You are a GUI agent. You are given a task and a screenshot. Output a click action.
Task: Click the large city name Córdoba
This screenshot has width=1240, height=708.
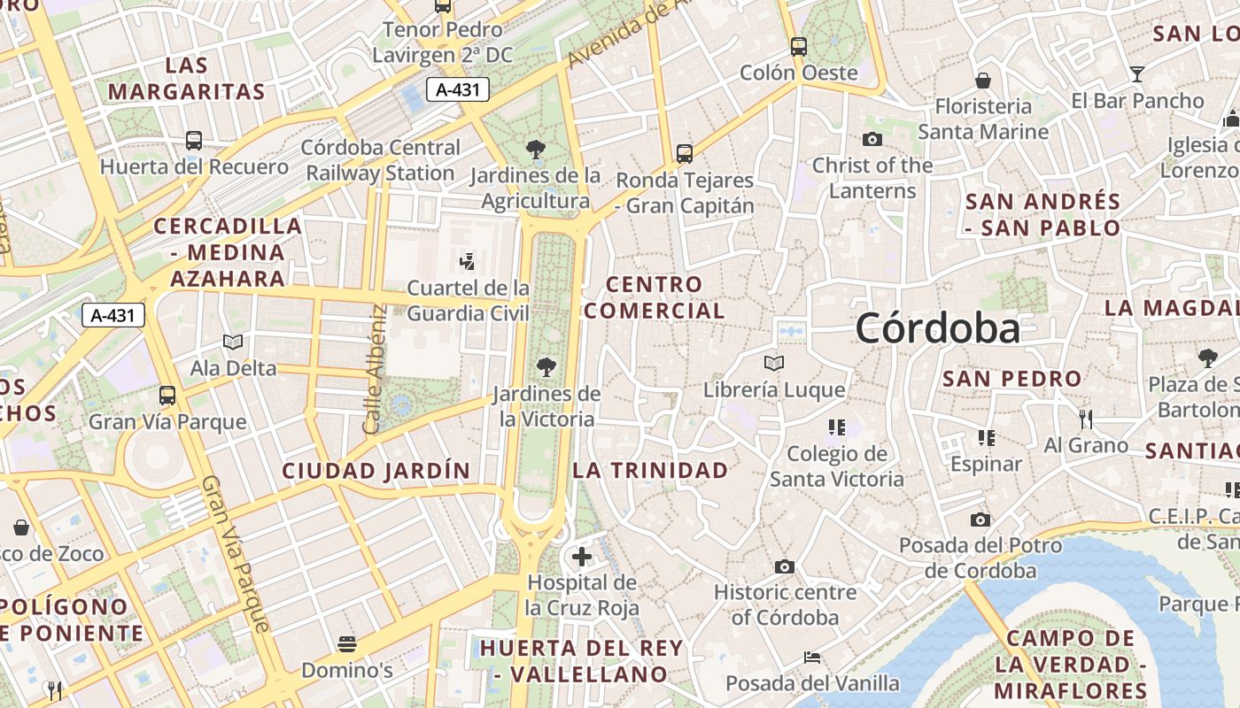(937, 328)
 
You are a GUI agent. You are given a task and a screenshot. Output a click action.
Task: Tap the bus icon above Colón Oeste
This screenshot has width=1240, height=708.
(799, 47)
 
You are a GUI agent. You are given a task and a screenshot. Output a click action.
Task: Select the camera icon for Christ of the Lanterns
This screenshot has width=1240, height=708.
(872, 139)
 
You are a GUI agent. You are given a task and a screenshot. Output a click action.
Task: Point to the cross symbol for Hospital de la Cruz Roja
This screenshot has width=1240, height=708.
(582, 556)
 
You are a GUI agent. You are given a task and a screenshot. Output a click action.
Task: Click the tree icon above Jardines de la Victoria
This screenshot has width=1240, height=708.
(546, 366)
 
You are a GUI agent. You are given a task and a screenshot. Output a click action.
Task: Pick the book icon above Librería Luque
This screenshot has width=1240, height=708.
(774, 363)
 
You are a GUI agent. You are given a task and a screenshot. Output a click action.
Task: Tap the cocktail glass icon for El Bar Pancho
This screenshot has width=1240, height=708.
(1137, 73)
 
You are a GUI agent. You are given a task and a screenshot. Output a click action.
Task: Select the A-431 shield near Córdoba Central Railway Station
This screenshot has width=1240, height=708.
(458, 88)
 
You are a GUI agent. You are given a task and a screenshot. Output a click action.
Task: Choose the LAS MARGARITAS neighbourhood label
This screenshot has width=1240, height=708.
(187, 78)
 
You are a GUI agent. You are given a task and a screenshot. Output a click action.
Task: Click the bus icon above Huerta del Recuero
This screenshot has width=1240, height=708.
(194, 140)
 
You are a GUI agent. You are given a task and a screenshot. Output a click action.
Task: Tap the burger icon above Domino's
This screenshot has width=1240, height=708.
(346, 643)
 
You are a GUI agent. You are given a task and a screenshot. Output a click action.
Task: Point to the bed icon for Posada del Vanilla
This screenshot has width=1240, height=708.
(812, 658)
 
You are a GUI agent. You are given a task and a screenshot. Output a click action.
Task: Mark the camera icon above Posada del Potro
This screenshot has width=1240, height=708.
(980, 519)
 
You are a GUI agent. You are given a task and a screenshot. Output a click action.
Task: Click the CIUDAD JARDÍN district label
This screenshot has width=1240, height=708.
(376, 471)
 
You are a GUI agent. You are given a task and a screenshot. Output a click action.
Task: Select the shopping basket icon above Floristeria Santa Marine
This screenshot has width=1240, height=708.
(983, 81)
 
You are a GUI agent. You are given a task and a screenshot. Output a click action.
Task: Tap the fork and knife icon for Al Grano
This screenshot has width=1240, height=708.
(1087, 418)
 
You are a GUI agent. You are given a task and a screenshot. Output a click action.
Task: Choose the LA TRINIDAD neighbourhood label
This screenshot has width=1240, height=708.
(651, 470)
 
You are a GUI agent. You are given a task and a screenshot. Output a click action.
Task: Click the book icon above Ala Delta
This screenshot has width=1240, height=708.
(233, 342)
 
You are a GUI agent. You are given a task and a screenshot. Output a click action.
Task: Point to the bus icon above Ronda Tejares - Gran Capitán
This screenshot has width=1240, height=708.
(685, 153)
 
